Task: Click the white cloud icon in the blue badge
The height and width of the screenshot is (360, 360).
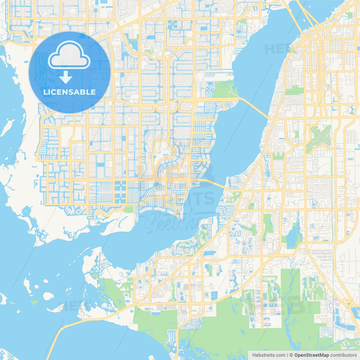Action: [69, 56]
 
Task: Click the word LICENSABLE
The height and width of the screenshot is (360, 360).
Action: [69, 92]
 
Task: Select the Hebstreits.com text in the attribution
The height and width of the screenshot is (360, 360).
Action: [269, 355]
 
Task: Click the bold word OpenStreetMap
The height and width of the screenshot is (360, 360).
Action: [311, 355]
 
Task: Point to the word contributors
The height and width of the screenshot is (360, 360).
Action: [343, 355]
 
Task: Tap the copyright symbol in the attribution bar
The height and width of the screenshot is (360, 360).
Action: [291, 355]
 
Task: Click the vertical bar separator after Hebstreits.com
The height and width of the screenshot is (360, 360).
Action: [287, 355]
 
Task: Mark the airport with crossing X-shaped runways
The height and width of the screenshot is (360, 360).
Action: [320, 137]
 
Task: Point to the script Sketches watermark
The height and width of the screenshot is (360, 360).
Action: [172, 222]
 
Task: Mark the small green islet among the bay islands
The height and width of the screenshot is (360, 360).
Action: [34, 302]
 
